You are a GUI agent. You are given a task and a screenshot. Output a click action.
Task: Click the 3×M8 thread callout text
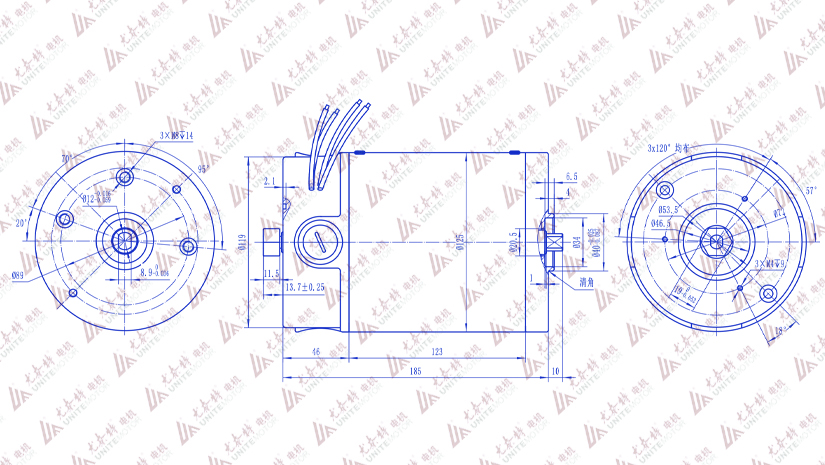[x=176, y=134]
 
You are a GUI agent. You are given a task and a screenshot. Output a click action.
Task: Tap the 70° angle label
[x=68, y=159]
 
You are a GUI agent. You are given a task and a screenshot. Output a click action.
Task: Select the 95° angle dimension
[x=202, y=168]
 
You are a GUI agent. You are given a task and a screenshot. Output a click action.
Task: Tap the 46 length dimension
[x=315, y=351]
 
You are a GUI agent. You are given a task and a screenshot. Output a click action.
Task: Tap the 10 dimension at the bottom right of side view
[x=556, y=372]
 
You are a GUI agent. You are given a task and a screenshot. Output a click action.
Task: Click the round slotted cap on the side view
[x=317, y=240]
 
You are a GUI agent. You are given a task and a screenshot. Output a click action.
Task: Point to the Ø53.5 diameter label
[x=669, y=211]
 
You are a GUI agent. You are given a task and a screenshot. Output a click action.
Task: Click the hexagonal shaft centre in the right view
[x=716, y=239]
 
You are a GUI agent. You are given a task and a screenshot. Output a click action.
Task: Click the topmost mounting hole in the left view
[x=125, y=178]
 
